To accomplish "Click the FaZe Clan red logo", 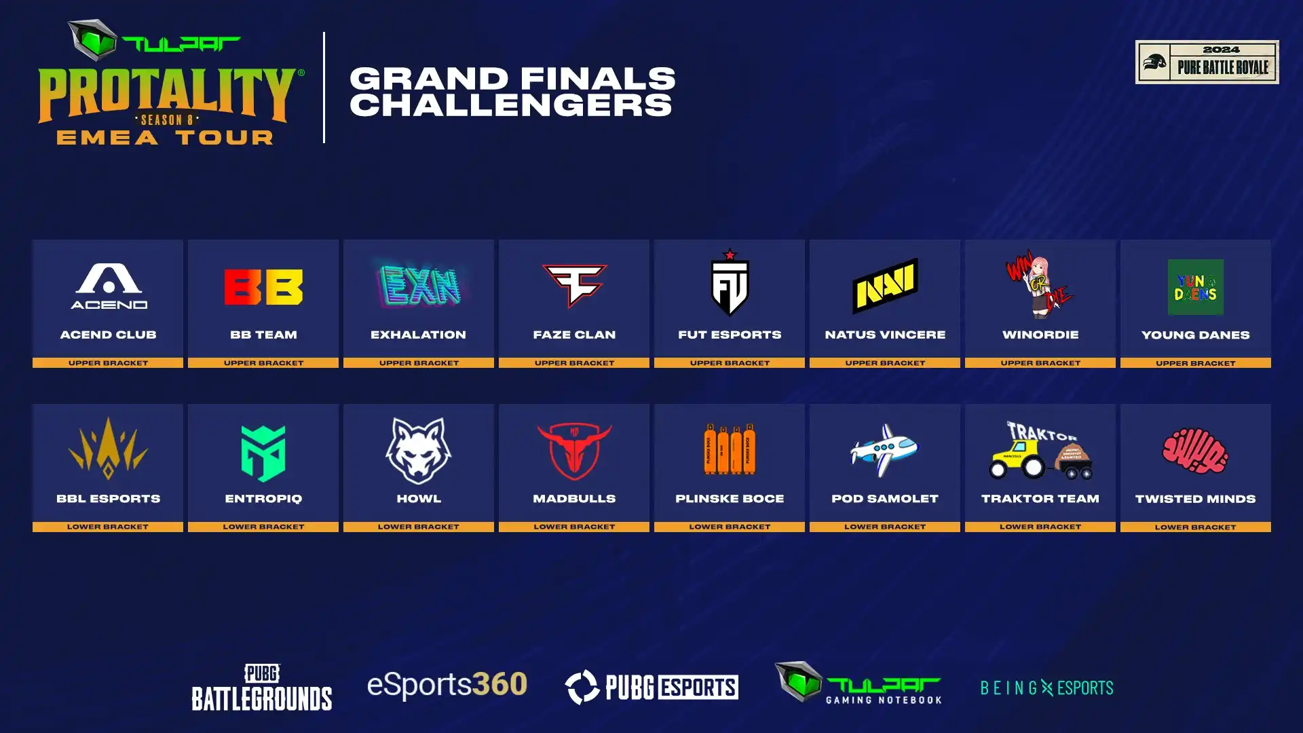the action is click(574, 285).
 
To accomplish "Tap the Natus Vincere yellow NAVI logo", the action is click(885, 286).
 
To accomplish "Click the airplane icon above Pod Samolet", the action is click(884, 450).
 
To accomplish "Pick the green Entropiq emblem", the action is click(263, 453).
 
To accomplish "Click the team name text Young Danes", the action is click(1195, 335).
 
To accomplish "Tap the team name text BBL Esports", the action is click(108, 499).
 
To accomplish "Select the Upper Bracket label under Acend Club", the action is click(108, 363).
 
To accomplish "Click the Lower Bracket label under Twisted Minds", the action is click(1195, 527).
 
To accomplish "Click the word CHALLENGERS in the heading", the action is click(511, 105).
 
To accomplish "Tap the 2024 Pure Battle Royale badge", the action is click(1207, 62).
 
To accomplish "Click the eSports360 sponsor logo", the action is click(447, 684).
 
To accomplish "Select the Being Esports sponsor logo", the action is click(1046, 688).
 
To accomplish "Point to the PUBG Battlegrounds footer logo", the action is click(262, 687).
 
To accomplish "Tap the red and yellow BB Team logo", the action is click(263, 287).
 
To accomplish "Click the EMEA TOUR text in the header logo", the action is click(165, 138).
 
